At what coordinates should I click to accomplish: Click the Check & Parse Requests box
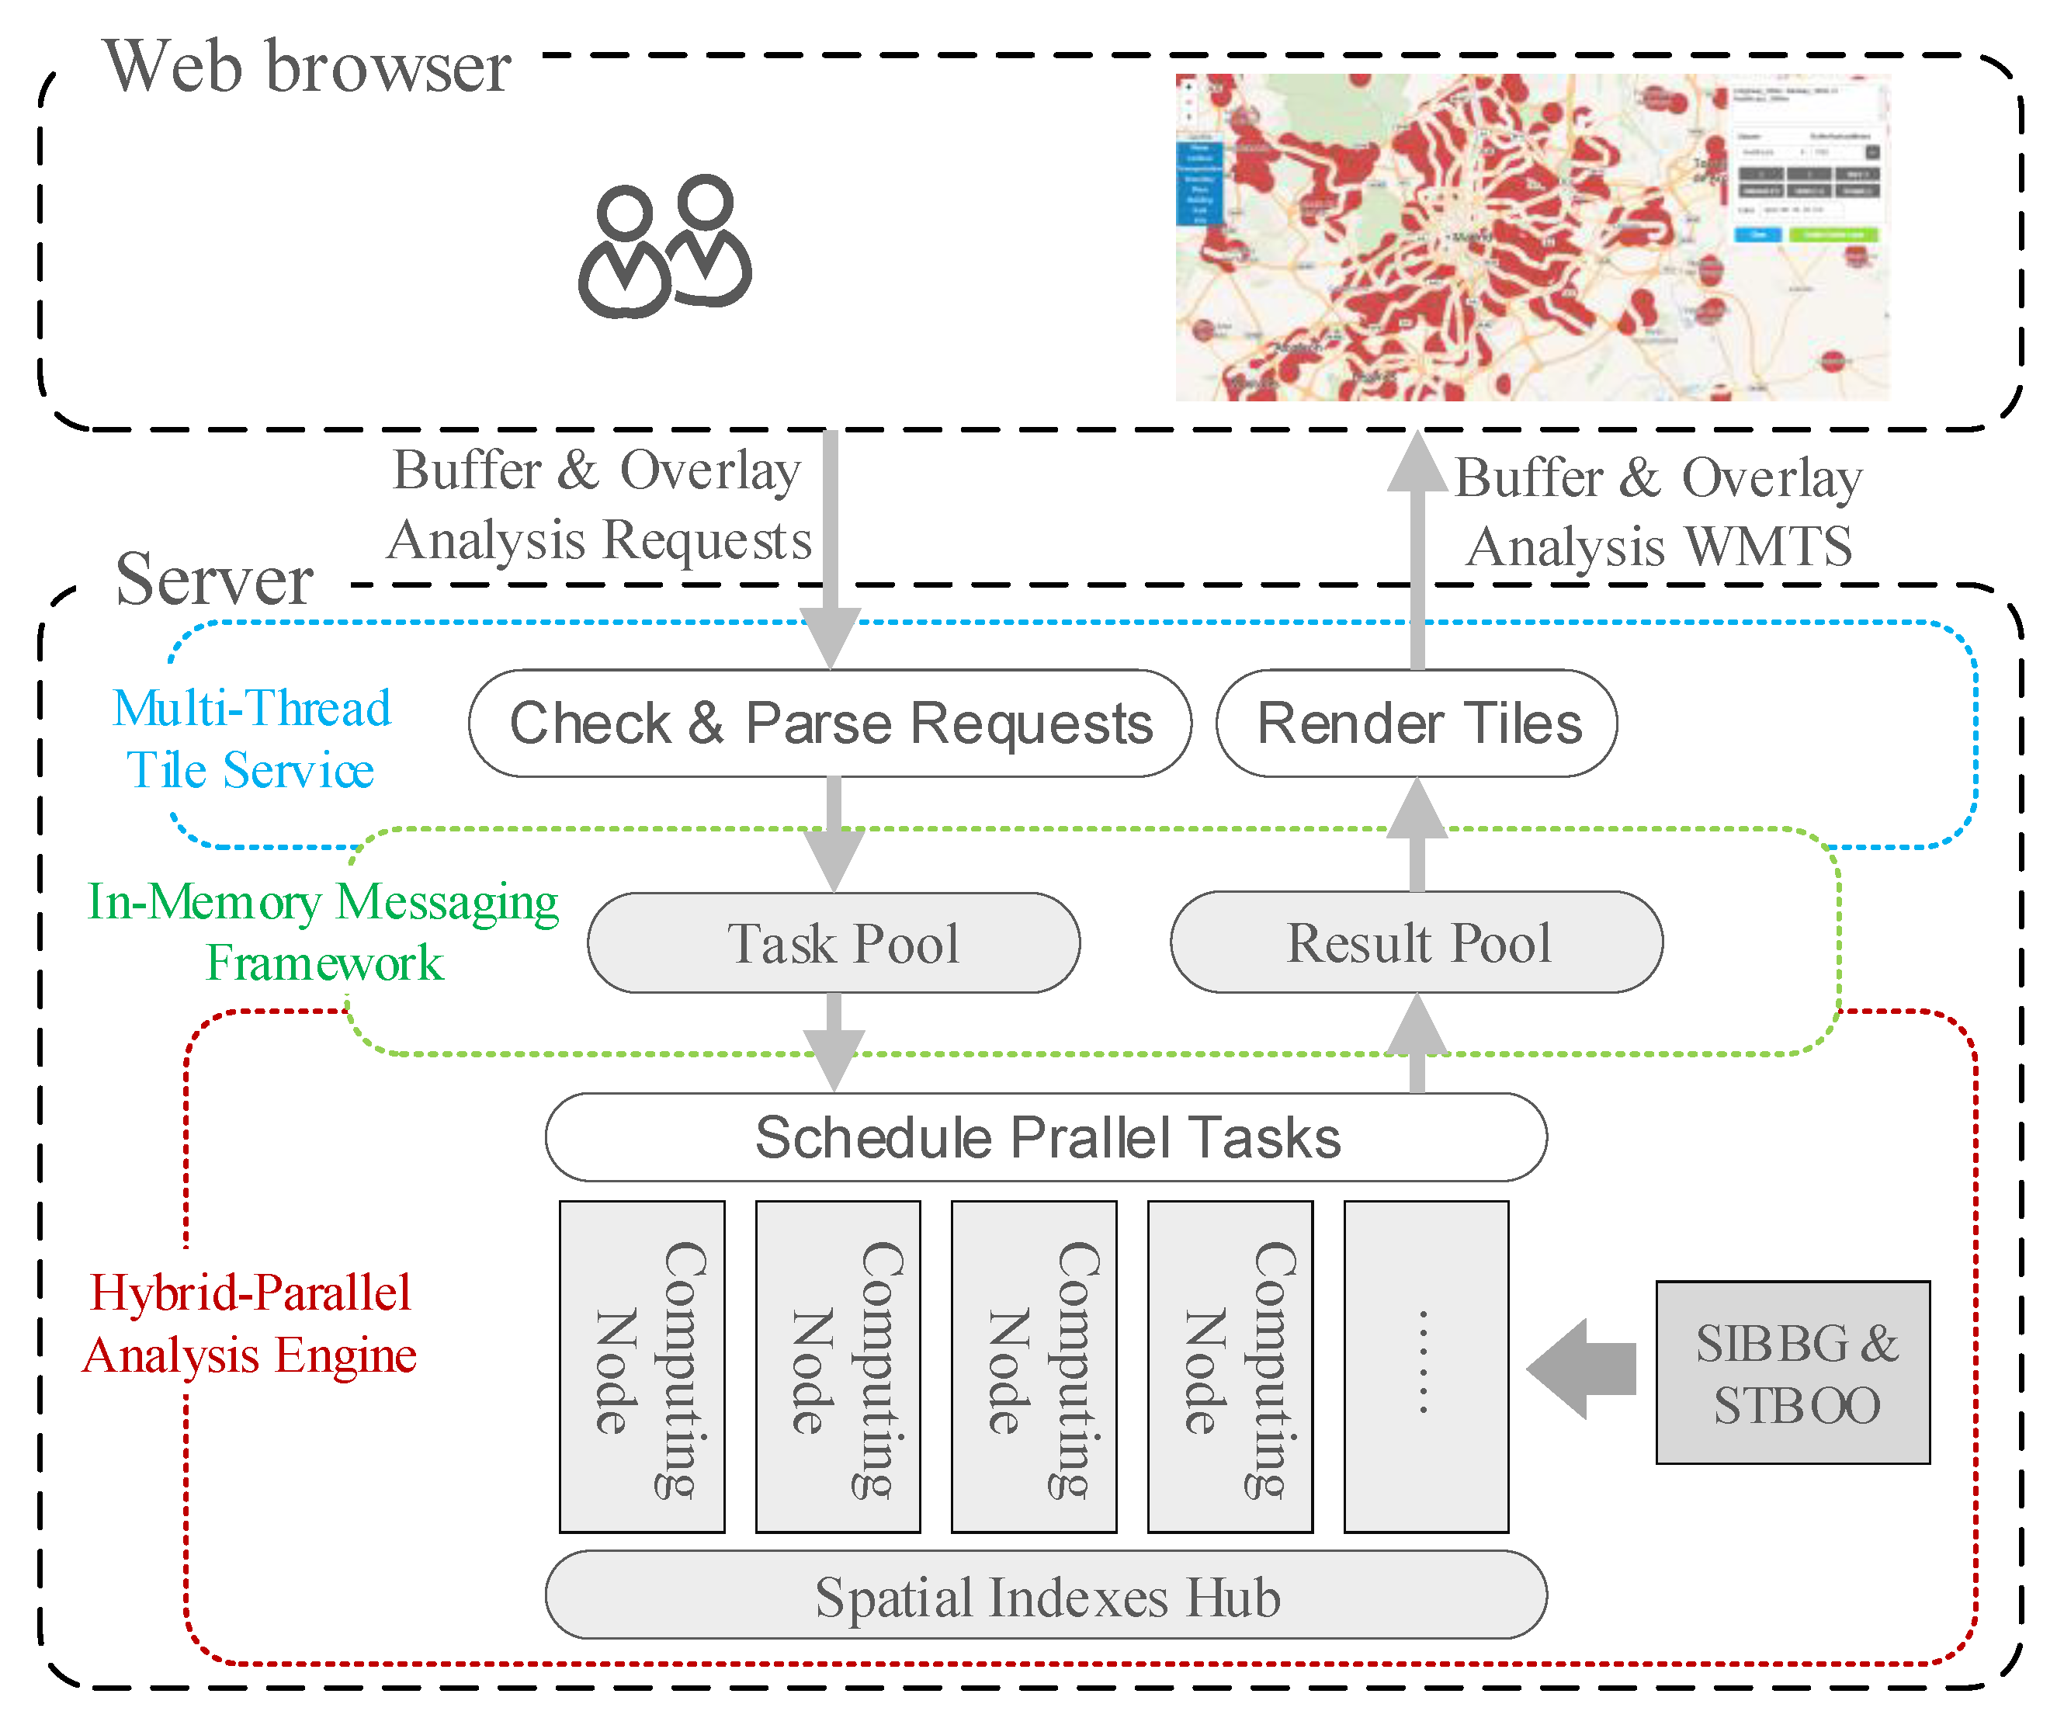click(x=830, y=724)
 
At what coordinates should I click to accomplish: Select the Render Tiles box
click(x=1417, y=724)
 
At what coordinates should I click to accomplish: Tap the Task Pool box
click(x=834, y=942)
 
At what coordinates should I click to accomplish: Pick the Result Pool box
click(x=1417, y=942)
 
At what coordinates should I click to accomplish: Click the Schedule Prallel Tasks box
click(x=1046, y=1137)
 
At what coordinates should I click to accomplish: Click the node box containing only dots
click(x=1425, y=1366)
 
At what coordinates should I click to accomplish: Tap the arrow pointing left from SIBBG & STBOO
click(x=1583, y=1368)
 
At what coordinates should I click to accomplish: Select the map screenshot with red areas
click(x=1532, y=237)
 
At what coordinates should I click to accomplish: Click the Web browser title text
click(x=307, y=67)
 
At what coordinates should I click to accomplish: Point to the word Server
click(x=214, y=580)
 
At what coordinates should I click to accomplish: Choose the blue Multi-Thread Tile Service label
click(x=251, y=739)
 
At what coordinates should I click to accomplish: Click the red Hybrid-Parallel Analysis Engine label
click(x=250, y=1324)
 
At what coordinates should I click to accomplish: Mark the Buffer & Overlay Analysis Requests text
click(x=599, y=504)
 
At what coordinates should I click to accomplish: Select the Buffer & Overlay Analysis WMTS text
click(x=1659, y=512)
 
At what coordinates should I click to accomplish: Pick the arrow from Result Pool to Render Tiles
click(x=1417, y=835)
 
